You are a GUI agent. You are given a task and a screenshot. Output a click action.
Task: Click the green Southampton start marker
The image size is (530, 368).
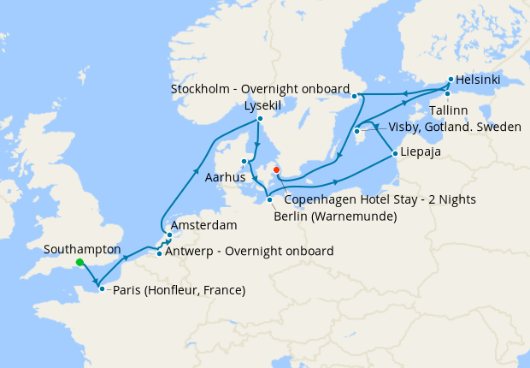coord(79,263)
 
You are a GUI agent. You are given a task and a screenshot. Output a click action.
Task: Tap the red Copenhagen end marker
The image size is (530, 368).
coord(276,170)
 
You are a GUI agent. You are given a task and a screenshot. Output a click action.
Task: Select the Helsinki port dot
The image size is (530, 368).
coord(450,80)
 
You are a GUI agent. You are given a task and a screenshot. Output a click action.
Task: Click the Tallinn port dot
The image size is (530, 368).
coord(447,93)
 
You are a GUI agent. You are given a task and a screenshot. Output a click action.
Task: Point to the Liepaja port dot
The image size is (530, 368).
coord(394,154)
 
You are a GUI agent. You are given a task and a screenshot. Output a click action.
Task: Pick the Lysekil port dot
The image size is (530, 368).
coord(259,120)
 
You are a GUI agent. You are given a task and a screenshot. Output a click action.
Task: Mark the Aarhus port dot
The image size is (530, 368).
coord(244,161)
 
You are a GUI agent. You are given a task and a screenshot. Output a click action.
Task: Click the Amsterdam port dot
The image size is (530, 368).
coord(170,234)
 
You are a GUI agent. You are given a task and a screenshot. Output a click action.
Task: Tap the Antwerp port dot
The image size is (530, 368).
coord(160,252)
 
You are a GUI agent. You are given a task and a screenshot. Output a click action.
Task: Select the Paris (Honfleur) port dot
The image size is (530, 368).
coord(102,289)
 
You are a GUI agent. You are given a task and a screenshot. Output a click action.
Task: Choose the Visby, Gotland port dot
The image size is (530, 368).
coord(356,131)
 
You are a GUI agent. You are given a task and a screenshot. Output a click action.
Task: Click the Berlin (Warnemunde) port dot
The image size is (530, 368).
coord(270,200)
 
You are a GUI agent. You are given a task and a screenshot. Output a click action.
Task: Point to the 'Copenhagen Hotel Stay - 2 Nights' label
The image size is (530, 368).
coord(380,199)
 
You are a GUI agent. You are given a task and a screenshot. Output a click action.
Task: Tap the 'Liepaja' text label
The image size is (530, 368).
coord(422,154)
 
